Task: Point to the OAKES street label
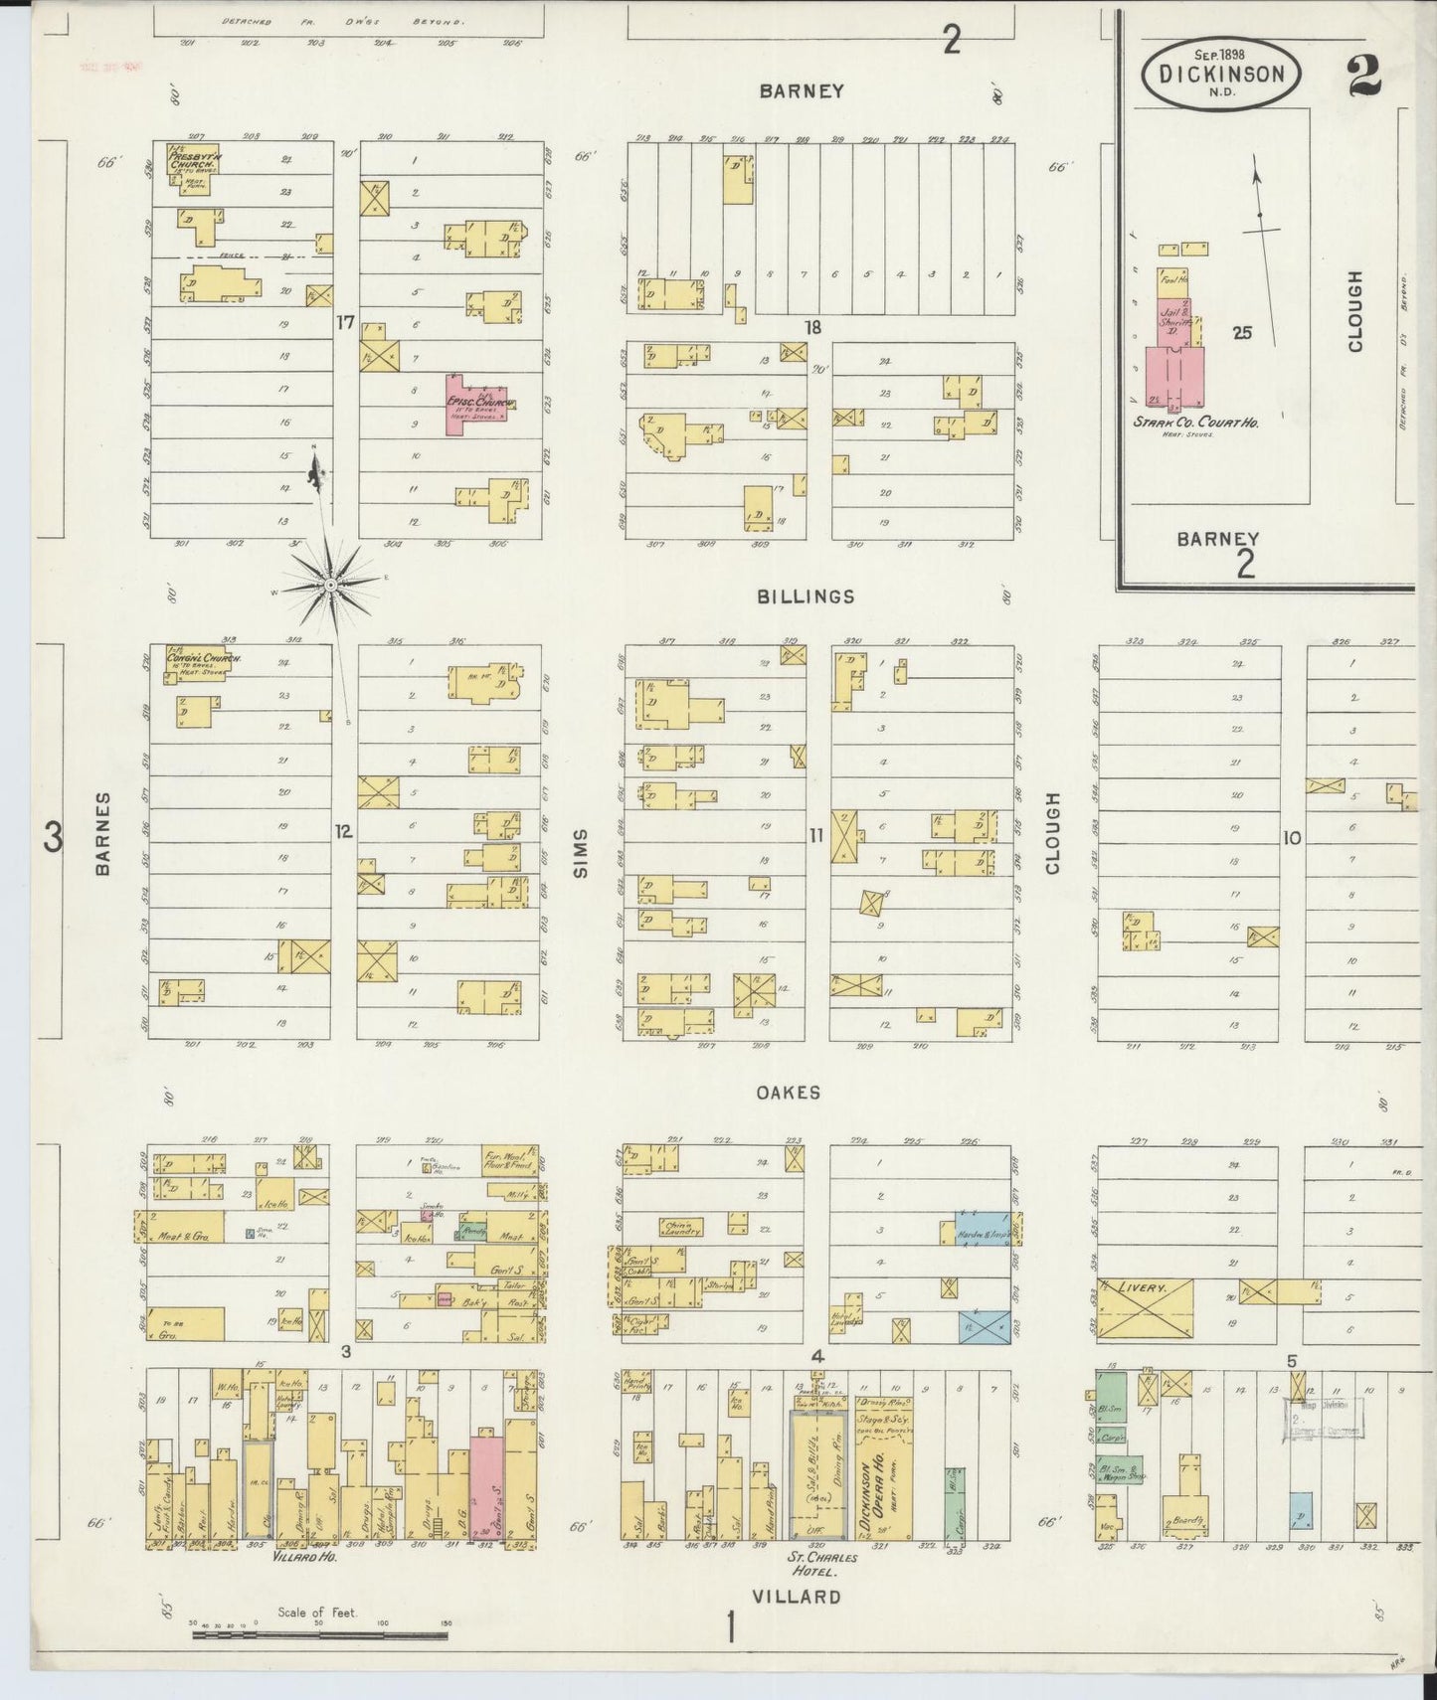coord(788,1092)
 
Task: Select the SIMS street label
coord(581,853)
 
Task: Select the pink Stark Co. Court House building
coord(1174,378)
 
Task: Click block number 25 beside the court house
coord(1241,333)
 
